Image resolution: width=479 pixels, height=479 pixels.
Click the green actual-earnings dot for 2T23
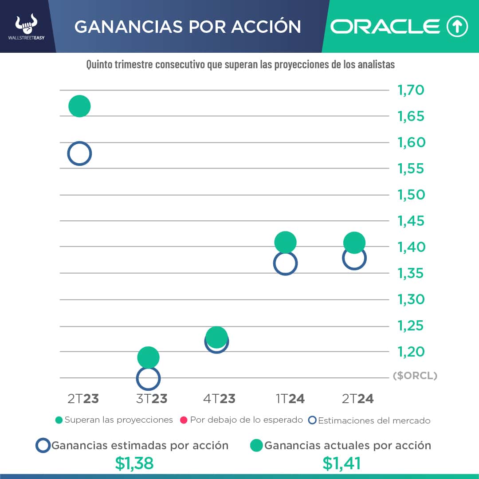coord(79,106)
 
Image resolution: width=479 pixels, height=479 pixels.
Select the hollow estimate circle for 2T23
coord(79,154)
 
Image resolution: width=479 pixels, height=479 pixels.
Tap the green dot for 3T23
coord(148,357)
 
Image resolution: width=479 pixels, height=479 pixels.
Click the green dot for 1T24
coord(285,242)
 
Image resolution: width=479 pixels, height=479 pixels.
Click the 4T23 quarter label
coord(219,399)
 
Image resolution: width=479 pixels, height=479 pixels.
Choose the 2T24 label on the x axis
coord(357,399)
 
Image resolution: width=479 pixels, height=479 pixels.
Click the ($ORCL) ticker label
coord(415,376)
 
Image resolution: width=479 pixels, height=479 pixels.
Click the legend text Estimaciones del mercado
coord(374,420)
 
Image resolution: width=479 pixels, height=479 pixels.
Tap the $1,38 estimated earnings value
coord(134,463)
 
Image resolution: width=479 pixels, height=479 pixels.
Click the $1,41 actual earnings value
coord(342,463)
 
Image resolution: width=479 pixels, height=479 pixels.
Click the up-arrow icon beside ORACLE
coord(457,27)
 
